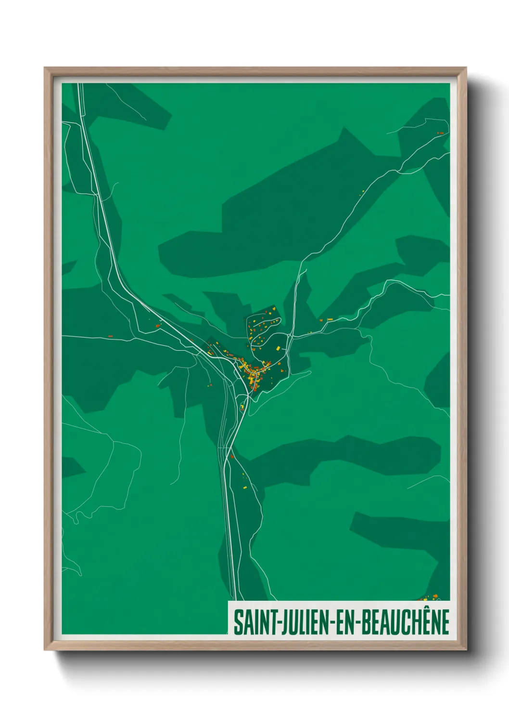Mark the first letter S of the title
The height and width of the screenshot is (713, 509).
click(238, 622)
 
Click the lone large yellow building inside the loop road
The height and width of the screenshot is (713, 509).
click(278, 348)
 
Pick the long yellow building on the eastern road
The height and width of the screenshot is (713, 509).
click(330, 319)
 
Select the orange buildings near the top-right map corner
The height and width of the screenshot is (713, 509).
click(440, 132)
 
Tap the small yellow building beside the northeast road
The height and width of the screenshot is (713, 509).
click(363, 192)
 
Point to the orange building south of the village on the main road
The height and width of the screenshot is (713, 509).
click(232, 456)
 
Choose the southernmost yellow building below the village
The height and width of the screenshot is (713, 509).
click(244, 488)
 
